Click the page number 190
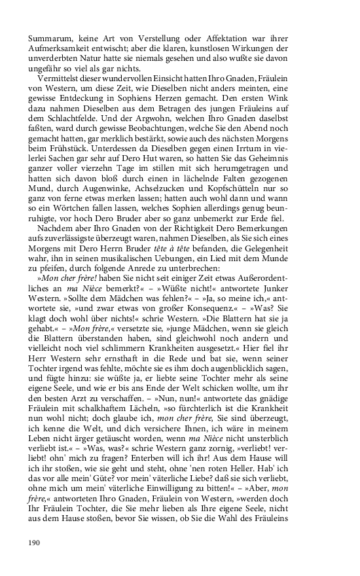coord(35,542)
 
